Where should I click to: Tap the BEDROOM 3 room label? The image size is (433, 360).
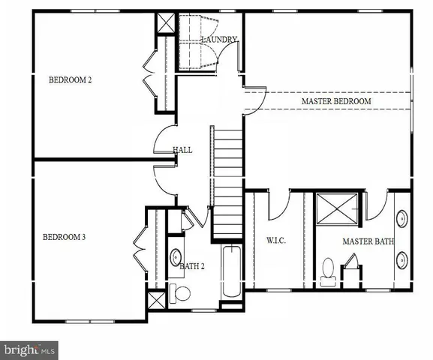64,238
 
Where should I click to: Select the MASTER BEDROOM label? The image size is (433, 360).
336,101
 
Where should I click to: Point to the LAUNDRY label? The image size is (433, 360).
219,40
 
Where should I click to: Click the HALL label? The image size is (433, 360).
182,150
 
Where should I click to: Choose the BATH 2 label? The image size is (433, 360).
191,265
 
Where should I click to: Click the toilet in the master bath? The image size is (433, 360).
328,270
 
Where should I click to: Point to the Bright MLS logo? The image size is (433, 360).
30,349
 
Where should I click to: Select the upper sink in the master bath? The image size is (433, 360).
403,220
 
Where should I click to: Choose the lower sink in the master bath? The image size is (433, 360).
403,260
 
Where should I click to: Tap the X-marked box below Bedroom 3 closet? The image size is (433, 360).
156,301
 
